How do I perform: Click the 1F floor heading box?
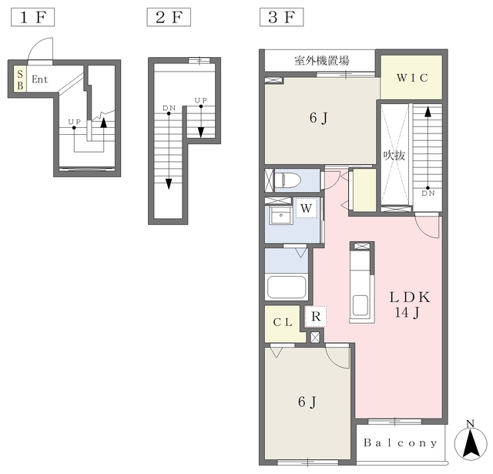coord(32,17)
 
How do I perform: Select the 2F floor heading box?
coord(169,17)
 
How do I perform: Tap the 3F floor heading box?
coord(281,17)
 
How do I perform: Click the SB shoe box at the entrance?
coord(20,79)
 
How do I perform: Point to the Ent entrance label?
coord(40,79)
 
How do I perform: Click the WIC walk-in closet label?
coord(412,78)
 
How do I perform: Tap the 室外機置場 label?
coord(322,60)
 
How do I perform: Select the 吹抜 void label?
coord(394,156)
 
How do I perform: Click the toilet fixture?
coord(288,180)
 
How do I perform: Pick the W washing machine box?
coord(307,207)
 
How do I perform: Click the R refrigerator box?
coord(316,317)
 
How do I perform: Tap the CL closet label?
coord(283,322)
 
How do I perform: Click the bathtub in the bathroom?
coord(287,287)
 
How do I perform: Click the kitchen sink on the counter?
coord(361,305)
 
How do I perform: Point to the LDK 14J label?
coord(409,304)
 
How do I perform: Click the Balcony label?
coord(401,443)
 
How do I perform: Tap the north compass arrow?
coord(470,443)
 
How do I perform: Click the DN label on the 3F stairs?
coord(428,193)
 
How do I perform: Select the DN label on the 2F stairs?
coord(169,108)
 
